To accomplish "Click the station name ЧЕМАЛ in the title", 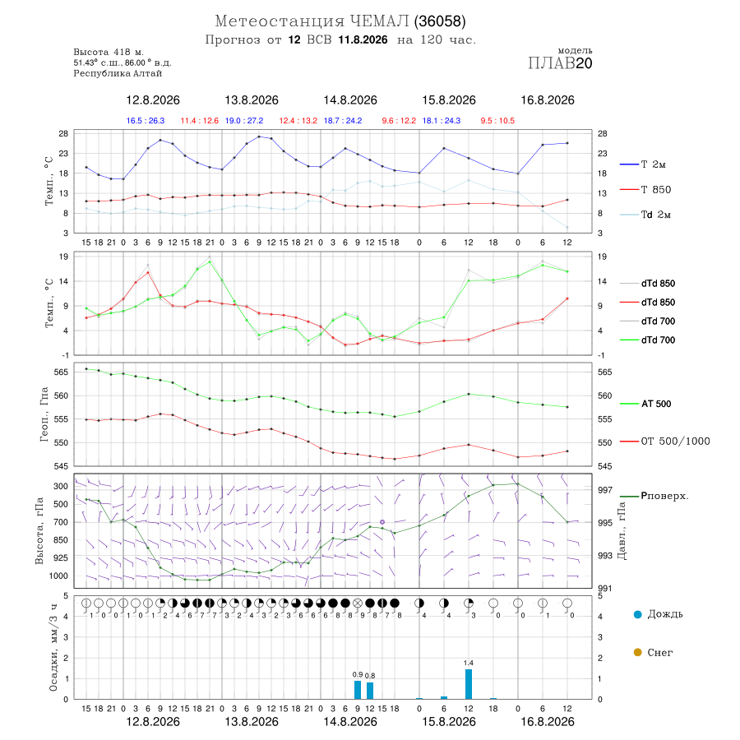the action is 379,21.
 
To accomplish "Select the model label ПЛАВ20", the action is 560,63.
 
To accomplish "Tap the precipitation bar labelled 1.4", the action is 468,684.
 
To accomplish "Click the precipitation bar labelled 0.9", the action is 358,690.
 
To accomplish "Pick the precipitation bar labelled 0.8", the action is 370,691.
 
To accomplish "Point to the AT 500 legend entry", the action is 645,404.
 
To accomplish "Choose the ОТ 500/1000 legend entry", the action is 665,441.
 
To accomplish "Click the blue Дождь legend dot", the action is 637,614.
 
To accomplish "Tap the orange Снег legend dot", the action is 637,652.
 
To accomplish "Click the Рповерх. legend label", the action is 664,496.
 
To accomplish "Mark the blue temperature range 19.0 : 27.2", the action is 244,121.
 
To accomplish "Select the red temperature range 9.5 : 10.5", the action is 497,121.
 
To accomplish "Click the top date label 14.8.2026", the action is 350,100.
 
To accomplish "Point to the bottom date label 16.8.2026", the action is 548,722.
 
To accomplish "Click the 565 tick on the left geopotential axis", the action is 62,372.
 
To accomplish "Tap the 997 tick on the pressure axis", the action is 604,490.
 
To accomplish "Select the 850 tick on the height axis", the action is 61,540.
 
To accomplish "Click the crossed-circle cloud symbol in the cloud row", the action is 358,604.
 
